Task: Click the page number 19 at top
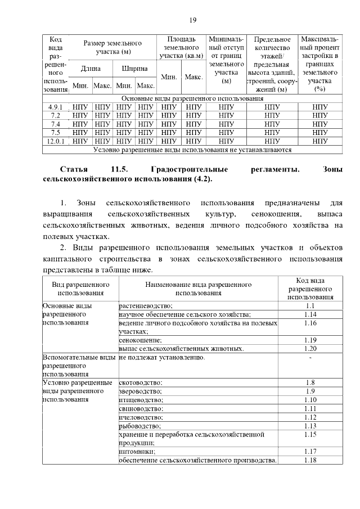tap(192, 20)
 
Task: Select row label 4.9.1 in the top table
tap(56, 107)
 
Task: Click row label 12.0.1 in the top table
tap(56, 141)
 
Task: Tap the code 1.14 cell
tap(310, 314)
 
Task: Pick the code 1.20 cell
tap(310, 349)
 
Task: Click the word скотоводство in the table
tap(140, 382)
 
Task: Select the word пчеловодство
tap(141, 417)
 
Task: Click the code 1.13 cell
tap(310, 426)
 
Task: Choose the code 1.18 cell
tap(310, 460)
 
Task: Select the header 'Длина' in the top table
tap(91, 69)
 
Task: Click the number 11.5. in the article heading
tap(120, 169)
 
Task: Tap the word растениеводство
tap(146, 305)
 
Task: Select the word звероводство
tap(140, 391)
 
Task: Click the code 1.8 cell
tap(310, 382)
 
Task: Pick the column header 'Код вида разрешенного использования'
tap(310, 289)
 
